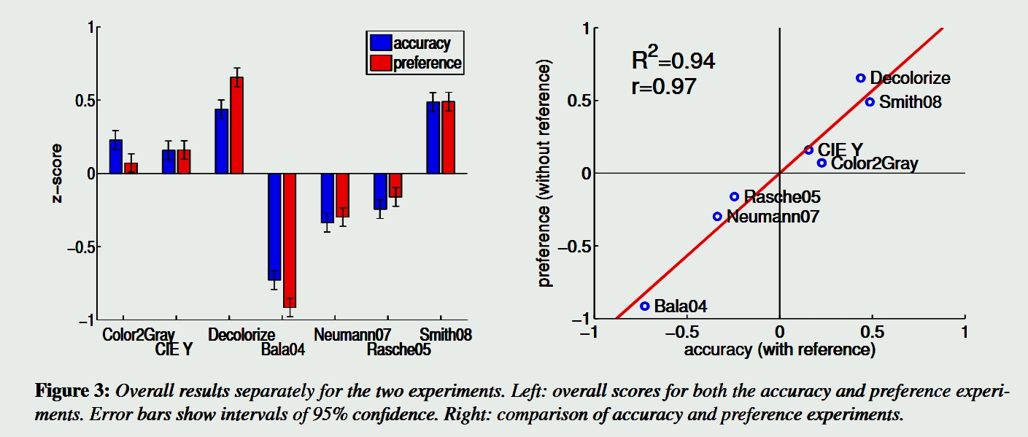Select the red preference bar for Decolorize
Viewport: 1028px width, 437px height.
pos(236,125)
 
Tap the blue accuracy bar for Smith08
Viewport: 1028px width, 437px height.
pos(433,138)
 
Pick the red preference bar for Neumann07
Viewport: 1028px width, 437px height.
pos(342,195)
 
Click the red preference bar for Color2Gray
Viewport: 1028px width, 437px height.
pos(131,168)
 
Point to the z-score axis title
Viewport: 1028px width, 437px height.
pos(58,173)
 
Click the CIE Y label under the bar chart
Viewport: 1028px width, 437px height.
pos(174,350)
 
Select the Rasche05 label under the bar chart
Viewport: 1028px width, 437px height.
pos(398,350)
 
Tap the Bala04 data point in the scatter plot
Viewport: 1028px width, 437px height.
pos(645,306)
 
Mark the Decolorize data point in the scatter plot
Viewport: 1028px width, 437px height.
pos(861,78)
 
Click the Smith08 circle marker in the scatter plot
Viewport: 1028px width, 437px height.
pos(870,101)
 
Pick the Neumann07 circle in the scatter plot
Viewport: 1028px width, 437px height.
pos(717,217)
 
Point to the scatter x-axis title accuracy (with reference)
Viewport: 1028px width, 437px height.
pos(779,350)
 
